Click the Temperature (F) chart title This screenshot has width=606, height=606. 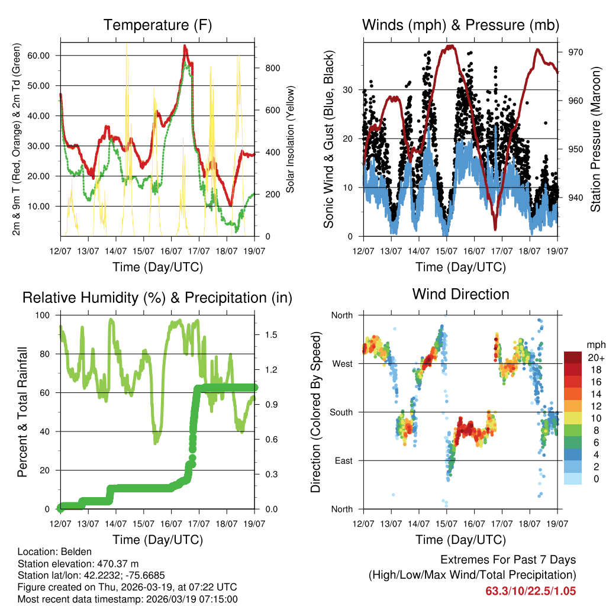click(x=157, y=25)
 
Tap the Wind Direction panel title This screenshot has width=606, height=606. click(x=460, y=294)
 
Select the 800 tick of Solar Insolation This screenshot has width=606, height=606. click(x=271, y=68)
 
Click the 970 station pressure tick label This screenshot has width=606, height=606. click(x=576, y=52)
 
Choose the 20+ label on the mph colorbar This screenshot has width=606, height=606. click(x=595, y=357)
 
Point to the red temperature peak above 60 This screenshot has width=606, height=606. click(x=185, y=46)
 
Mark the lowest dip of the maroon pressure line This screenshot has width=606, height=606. click(x=495, y=228)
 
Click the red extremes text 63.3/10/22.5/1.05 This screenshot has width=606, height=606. click(x=530, y=591)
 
